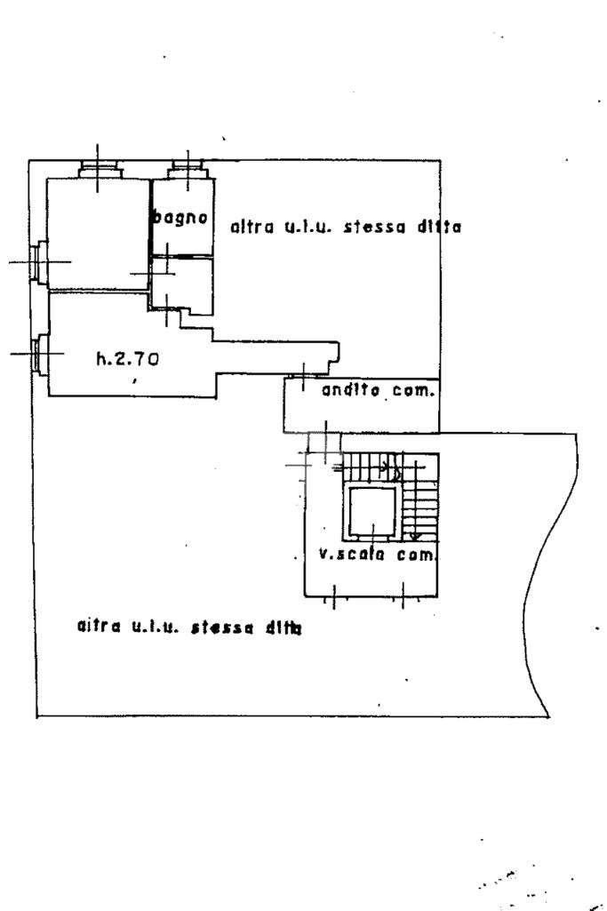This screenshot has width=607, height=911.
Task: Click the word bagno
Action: tap(180, 218)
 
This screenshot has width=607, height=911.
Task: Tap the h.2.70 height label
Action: tap(128, 359)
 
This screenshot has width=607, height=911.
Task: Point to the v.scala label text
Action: tap(352, 555)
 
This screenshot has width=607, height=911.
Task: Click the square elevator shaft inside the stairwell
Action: tap(372, 511)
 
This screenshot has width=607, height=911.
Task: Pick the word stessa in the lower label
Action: tap(222, 627)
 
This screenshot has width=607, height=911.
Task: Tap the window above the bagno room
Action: tap(188, 171)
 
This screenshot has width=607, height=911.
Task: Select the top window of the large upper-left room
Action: tap(99, 171)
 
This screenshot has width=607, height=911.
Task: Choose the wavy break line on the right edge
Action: tap(549, 575)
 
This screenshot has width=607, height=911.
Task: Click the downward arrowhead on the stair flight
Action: tap(415, 536)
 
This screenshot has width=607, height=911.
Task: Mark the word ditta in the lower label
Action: tap(284, 628)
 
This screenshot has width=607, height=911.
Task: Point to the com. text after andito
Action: tap(413, 390)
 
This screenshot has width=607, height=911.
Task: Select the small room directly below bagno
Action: tap(182, 284)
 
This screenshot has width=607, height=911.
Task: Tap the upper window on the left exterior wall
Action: tap(39, 262)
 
